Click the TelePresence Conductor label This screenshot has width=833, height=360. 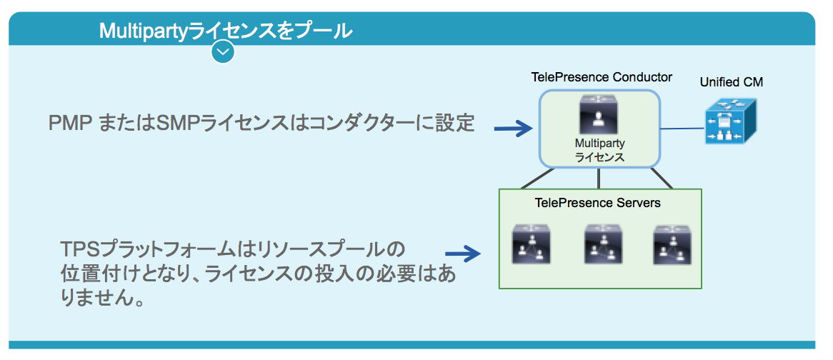click(602, 77)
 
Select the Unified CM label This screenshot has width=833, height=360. click(731, 82)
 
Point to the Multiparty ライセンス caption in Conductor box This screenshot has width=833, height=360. click(599, 151)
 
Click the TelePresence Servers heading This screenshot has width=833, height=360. click(597, 203)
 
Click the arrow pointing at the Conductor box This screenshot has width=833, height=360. click(513, 129)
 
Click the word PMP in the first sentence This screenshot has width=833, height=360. click(69, 123)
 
